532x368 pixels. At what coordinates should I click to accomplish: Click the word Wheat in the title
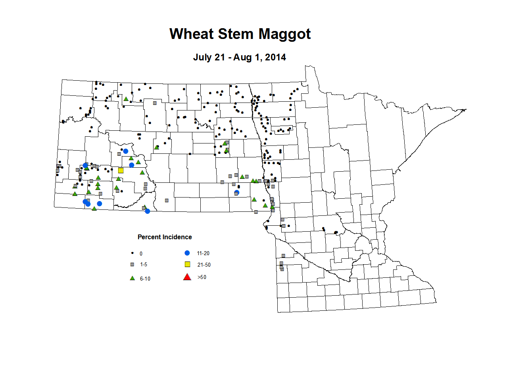click(x=191, y=34)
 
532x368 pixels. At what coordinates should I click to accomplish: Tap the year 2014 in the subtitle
click(x=275, y=57)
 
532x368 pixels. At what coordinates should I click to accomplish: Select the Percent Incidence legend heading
click(x=165, y=237)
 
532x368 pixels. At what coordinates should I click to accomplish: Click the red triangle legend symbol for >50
click(x=187, y=277)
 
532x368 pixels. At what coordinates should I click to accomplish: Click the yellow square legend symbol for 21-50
click(x=188, y=265)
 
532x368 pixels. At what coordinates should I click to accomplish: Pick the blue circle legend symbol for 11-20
click(x=187, y=253)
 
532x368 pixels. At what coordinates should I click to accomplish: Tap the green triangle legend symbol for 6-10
click(x=133, y=278)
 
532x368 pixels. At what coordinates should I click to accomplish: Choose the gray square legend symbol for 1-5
click(x=133, y=265)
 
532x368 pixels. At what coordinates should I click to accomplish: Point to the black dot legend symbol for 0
click(x=133, y=253)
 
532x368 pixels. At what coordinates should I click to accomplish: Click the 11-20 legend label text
click(x=203, y=254)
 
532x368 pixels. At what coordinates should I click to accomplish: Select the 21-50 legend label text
click(x=204, y=265)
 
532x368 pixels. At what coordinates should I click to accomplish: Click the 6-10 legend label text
click(x=145, y=279)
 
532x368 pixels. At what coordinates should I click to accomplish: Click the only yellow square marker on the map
click(x=121, y=170)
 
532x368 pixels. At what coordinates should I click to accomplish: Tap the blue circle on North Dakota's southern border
click(x=148, y=211)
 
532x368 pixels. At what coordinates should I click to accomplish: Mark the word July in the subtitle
click(x=203, y=57)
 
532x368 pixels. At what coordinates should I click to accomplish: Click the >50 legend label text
click(x=202, y=277)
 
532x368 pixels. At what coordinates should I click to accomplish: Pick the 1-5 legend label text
click(x=144, y=265)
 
